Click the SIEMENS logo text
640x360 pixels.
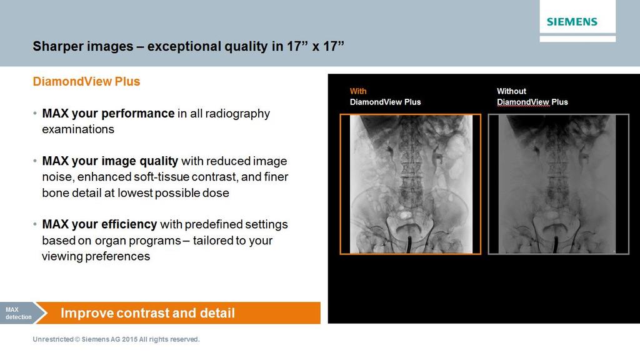[572, 22]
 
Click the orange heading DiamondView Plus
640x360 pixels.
[86, 82]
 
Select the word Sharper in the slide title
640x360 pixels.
[57, 46]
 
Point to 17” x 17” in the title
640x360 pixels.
[316, 46]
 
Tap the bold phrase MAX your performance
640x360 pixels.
[107, 114]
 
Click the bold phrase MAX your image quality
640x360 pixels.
[110, 161]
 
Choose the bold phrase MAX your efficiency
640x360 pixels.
[100, 224]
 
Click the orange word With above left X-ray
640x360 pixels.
[358, 91]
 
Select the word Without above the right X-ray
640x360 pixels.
[511, 91]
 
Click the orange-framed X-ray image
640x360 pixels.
[410, 184]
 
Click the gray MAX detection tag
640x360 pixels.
[16, 313]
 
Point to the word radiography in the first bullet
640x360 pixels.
[241, 114]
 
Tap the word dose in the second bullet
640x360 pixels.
[216, 193]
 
